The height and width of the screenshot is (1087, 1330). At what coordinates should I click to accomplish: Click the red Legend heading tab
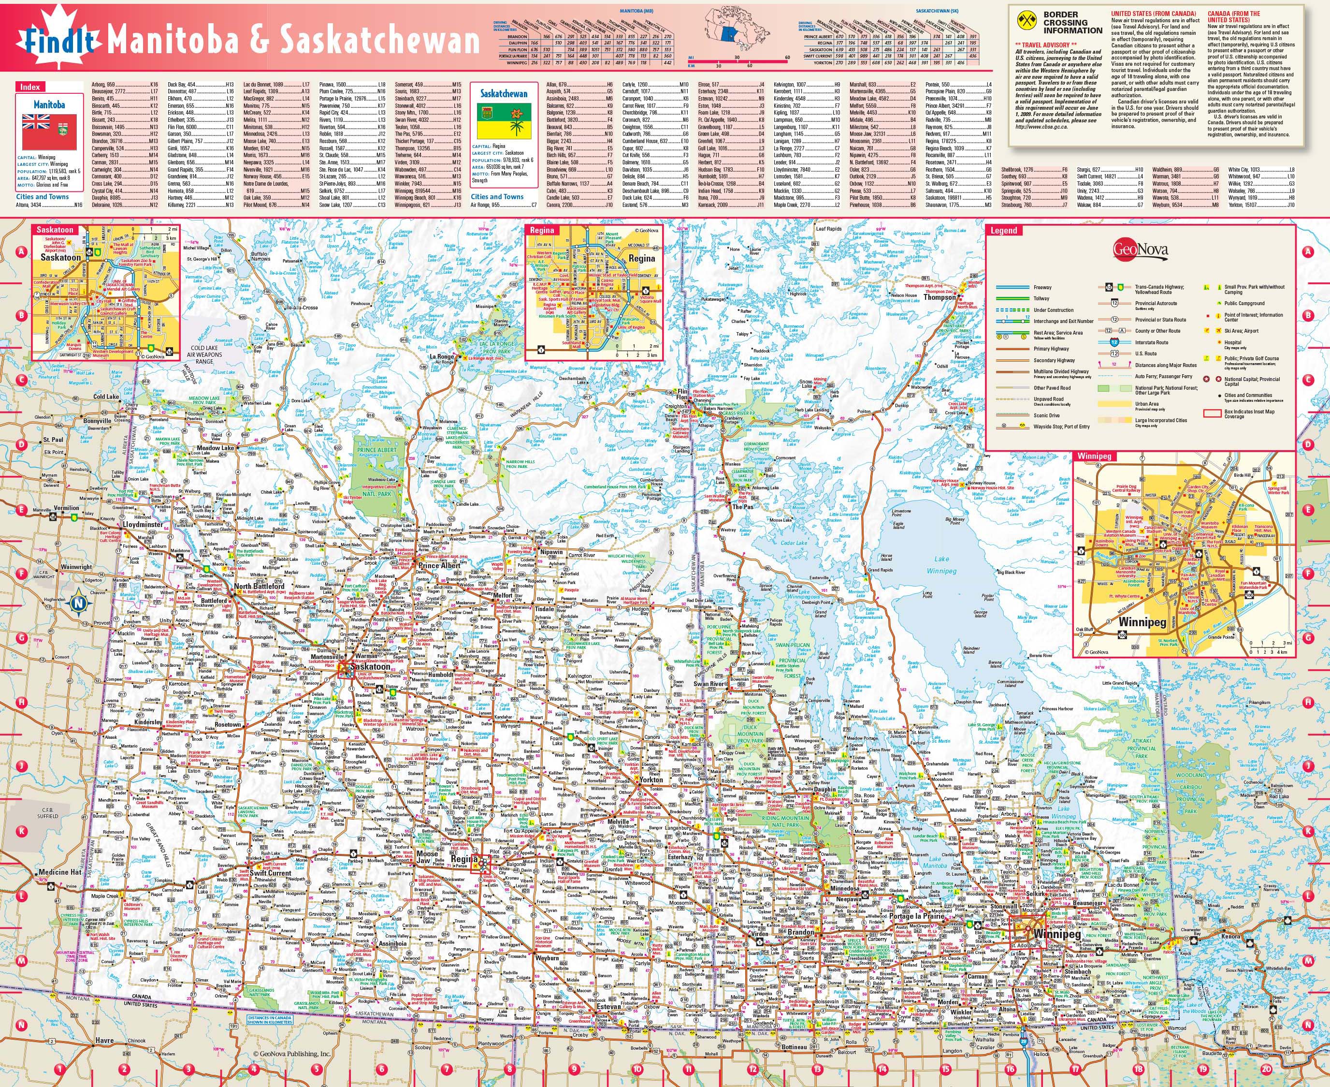(x=1003, y=231)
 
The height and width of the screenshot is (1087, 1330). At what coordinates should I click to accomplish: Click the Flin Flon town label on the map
(x=681, y=395)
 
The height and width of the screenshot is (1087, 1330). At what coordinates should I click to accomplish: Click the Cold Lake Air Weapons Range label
(x=204, y=354)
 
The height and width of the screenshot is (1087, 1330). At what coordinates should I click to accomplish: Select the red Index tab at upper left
(x=30, y=87)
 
